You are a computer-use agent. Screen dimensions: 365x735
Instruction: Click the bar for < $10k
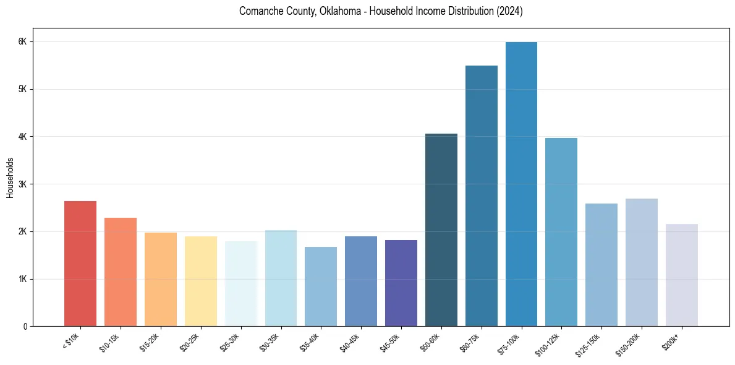[x=80, y=264]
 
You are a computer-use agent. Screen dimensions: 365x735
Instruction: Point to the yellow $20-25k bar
[x=201, y=281]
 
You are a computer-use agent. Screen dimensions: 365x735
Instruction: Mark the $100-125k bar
[x=561, y=232]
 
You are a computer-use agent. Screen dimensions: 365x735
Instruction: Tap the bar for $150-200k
[x=642, y=262]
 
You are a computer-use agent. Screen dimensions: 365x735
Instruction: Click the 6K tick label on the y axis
[x=23, y=41]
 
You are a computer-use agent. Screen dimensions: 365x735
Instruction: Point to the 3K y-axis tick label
[x=23, y=184]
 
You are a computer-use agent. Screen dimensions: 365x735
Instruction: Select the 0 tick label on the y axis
[x=25, y=327]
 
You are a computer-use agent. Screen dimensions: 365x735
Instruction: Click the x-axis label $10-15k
[x=110, y=341]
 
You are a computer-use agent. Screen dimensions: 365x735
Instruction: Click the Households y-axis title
[x=11, y=178]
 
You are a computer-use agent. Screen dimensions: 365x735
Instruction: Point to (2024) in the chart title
[x=510, y=12]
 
